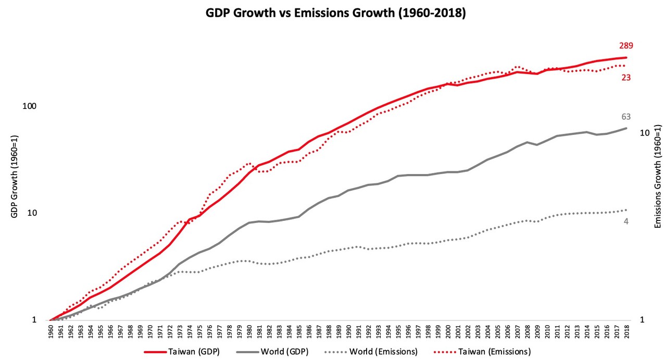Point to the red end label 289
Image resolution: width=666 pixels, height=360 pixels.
(626, 46)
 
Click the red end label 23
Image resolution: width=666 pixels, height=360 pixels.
(626, 78)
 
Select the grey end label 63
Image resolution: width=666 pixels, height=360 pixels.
(626, 117)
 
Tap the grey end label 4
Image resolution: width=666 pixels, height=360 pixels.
(626, 221)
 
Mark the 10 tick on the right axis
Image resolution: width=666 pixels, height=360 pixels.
(644, 133)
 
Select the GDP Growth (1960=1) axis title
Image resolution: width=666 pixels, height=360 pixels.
(15, 177)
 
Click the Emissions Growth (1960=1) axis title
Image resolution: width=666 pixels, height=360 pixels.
(658, 177)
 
